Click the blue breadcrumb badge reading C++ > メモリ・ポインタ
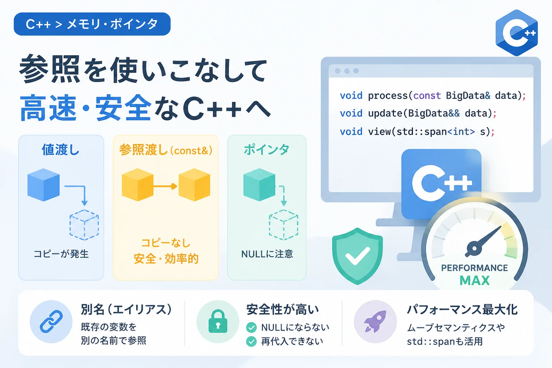pyautogui.click(x=92, y=24)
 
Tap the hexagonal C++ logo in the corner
pyautogui.click(x=516, y=33)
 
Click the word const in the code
pyautogui.click(x=427, y=96)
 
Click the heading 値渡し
pyautogui.click(x=61, y=149)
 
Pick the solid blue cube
pyautogui.click(x=43, y=185)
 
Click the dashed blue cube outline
pyautogui.click(x=84, y=225)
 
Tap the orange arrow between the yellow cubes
pyautogui.click(x=165, y=186)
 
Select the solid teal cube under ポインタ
pyautogui.click(x=259, y=185)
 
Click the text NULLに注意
pyautogui.click(x=267, y=254)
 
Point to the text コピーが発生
pyautogui.click(x=61, y=254)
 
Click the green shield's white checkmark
pyautogui.click(x=358, y=256)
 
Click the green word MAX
pyautogui.click(x=475, y=281)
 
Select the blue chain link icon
pyautogui.click(x=51, y=321)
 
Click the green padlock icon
pyautogui.click(x=218, y=321)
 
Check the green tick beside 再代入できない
pyautogui.click(x=251, y=341)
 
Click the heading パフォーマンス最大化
pyautogui.click(x=462, y=309)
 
